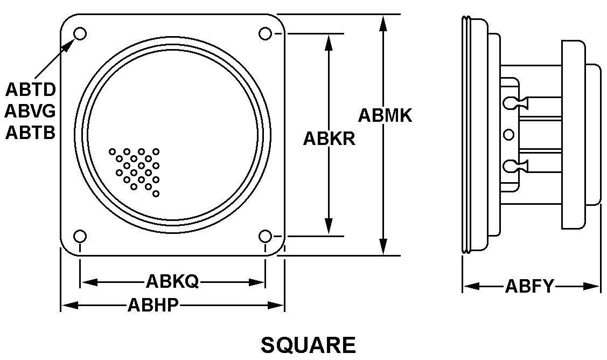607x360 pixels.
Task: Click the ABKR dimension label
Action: (x=329, y=139)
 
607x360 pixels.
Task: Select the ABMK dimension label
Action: (x=385, y=115)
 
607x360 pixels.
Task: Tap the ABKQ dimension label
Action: (x=172, y=281)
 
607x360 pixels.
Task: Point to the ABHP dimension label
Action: (x=153, y=306)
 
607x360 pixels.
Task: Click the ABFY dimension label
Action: (x=529, y=286)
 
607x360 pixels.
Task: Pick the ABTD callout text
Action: (x=31, y=89)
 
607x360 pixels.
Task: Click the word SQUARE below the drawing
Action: (x=308, y=345)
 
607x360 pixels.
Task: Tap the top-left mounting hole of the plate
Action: (x=80, y=34)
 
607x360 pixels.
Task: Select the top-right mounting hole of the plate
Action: (x=265, y=34)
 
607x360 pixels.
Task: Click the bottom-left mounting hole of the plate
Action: (x=80, y=236)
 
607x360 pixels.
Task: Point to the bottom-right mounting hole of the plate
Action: (x=265, y=236)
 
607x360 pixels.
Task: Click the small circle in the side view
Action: (x=508, y=134)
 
